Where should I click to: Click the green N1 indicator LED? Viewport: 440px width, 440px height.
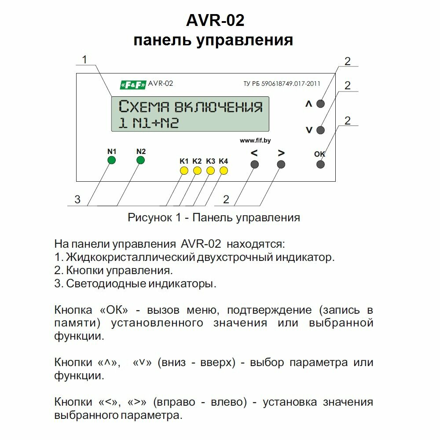pos(112,160)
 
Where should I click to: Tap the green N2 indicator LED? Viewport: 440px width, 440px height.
pos(140,160)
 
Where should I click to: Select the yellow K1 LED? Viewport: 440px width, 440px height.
pos(184,170)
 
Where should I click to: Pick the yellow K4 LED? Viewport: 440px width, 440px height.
pos(224,170)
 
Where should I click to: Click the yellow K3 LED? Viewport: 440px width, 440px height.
pos(211,170)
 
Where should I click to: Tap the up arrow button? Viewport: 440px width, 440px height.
pos(321,104)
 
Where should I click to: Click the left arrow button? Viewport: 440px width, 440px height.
pos(254,165)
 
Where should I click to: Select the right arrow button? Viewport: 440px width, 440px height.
pos(282,165)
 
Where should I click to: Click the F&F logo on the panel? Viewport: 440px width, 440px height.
pos(133,84)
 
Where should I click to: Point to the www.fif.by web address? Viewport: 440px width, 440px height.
pos(255,140)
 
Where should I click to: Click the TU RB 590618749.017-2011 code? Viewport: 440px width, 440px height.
pos(282,84)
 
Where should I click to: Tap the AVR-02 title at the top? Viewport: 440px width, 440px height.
pos(215,20)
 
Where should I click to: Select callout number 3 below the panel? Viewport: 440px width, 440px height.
pos(77,200)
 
